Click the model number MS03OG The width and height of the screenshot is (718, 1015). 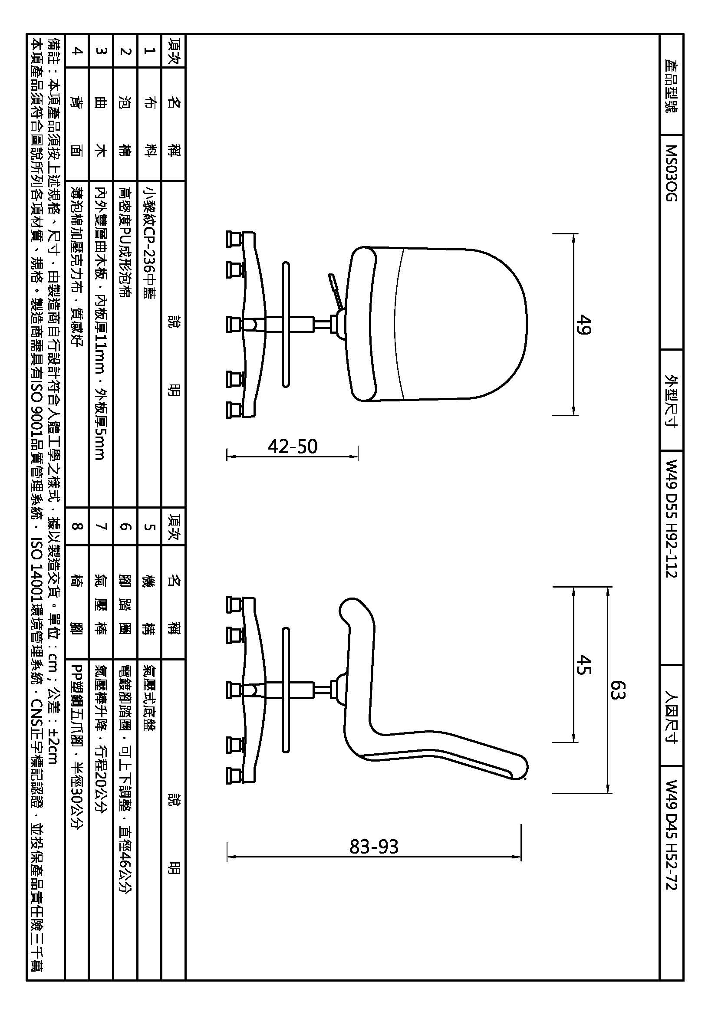point(671,173)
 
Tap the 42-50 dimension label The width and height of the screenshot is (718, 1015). point(293,447)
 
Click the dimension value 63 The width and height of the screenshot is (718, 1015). point(618,690)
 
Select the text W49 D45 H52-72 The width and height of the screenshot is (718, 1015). point(671,840)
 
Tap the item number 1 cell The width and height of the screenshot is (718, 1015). point(149,51)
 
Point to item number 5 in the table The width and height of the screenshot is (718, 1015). point(149,526)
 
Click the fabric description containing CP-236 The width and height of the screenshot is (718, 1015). point(149,243)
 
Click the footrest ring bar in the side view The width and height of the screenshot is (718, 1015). point(286,690)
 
